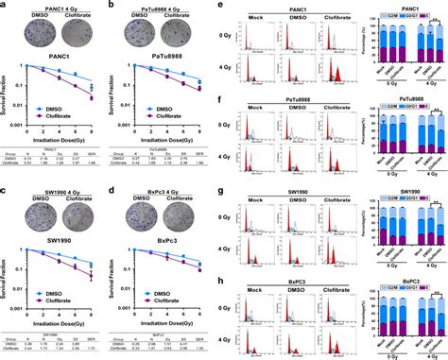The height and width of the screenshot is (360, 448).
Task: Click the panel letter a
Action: [6, 6]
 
